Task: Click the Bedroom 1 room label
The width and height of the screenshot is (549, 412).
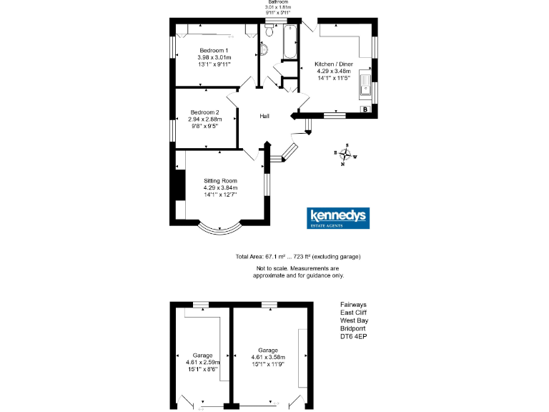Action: click(213, 50)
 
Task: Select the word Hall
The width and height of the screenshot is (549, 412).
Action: click(264, 116)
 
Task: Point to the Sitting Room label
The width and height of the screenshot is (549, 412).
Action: click(220, 180)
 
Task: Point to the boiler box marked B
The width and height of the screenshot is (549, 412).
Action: click(365, 109)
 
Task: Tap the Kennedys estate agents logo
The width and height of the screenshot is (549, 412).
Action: click(338, 218)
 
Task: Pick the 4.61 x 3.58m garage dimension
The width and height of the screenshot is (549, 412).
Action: click(268, 357)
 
